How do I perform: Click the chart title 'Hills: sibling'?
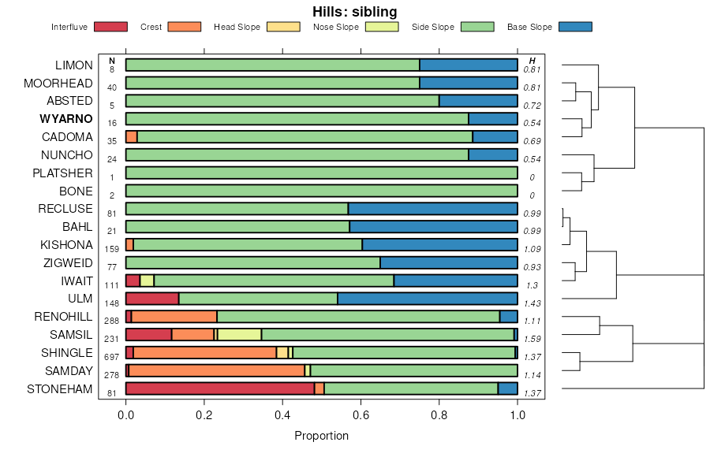tap(355, 12)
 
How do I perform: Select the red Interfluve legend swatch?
tap(110, 27)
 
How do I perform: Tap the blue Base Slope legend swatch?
tap(574, 27)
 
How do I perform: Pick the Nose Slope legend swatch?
tap(383, 27)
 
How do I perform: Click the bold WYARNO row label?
tap(66, 119)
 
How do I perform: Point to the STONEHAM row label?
tap(60, 388)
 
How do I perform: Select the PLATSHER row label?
tap(63, 173)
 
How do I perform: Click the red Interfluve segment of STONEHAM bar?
tap(219, 388)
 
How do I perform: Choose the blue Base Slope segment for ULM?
tap(428, 299)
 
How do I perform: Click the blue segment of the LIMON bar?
tap(469, 65)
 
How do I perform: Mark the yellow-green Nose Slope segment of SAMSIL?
tap(239, 335)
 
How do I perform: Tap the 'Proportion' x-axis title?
tap(321, 436)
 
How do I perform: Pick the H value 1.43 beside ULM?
tap(532, 303)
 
